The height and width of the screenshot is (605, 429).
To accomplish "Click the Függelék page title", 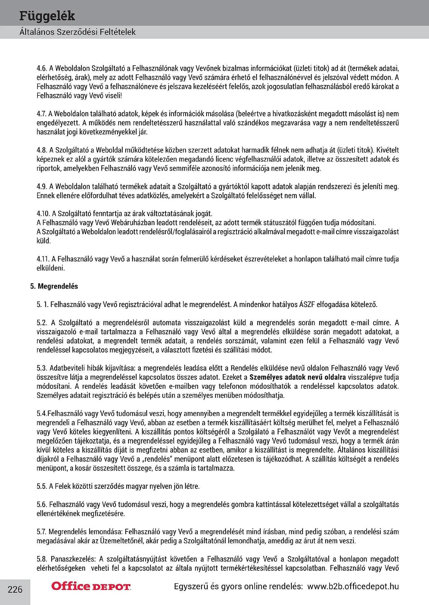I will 47,16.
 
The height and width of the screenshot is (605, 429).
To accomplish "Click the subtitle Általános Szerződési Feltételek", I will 78,32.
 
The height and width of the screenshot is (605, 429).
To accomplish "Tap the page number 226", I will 15,589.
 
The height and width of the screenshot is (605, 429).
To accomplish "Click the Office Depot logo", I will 91,586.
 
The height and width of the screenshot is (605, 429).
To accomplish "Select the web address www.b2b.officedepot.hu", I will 353,587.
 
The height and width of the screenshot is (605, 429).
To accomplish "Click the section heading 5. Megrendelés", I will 54,286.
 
